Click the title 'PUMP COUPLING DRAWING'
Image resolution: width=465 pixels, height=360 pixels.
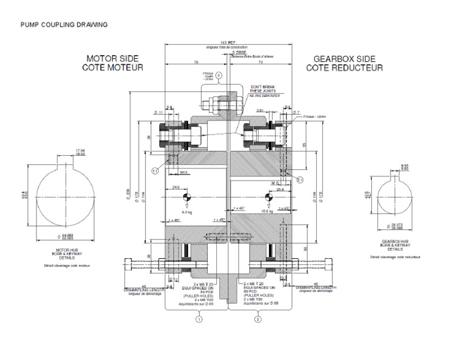[x=64, y=25]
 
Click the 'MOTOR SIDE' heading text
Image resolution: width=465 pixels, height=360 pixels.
[x=113, y=59]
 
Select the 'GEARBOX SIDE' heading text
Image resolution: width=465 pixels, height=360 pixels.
[x=345, y=59]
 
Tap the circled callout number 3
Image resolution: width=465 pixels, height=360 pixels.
[x=220, y=75]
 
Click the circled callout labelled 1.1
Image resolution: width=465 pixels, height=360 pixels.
[x=155, y=171]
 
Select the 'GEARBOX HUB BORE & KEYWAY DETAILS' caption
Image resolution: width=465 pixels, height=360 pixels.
[x=397, y=244]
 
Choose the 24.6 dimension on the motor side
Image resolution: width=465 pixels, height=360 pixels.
[x=177, y=187]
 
